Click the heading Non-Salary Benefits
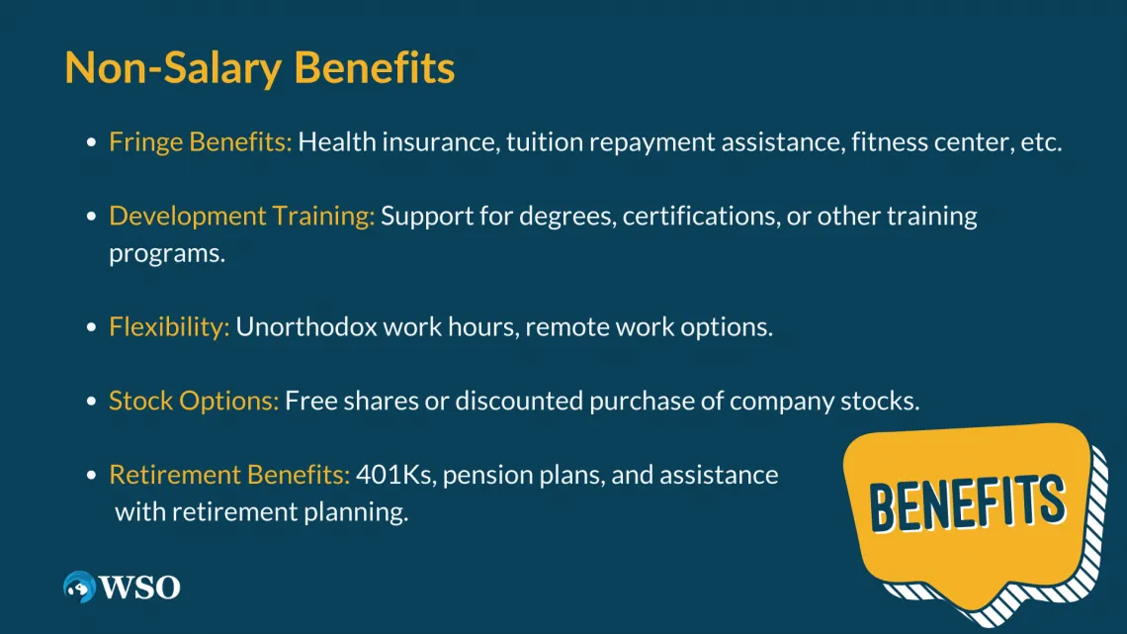259,68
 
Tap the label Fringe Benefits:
201,141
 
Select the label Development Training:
241,217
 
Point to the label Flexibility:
169,327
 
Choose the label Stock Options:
194,401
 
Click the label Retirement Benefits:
229,475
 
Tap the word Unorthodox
306,326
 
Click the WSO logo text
139,588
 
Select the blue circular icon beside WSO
79,587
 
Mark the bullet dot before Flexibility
91,327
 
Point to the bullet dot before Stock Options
91,401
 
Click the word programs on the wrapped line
167,254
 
